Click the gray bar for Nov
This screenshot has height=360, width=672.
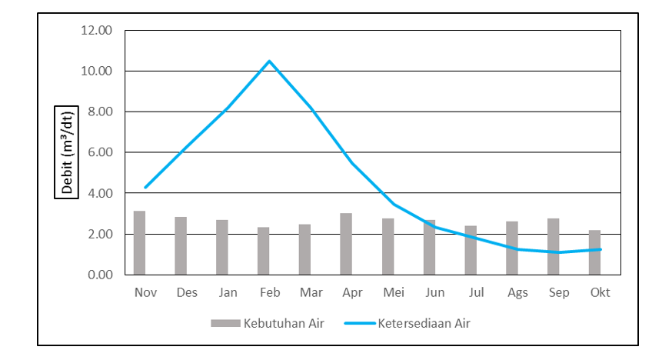point(139,242)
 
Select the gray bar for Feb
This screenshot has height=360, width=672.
point(263,251)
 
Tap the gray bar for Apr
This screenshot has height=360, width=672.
point(346,244)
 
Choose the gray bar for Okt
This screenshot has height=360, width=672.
point(594,252)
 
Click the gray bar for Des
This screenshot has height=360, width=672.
point(181,245)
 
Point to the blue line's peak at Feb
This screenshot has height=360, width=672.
point(269,61)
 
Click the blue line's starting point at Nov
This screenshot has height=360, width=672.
point(145,188)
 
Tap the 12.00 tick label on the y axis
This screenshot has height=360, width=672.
point(96,31)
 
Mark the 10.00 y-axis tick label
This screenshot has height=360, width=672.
point(96,72)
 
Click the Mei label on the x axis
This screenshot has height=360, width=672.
point(393,292)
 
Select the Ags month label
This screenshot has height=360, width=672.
point(517,292)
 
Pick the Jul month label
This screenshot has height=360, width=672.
point(476,292)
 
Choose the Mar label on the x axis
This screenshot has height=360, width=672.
point(311,292)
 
